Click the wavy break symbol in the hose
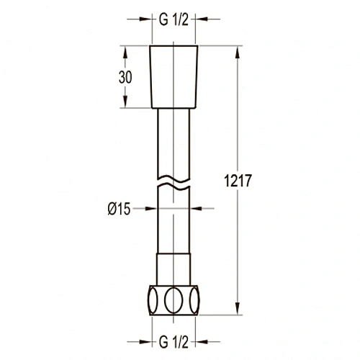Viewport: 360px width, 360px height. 173,180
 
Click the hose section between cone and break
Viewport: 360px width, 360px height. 173,140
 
